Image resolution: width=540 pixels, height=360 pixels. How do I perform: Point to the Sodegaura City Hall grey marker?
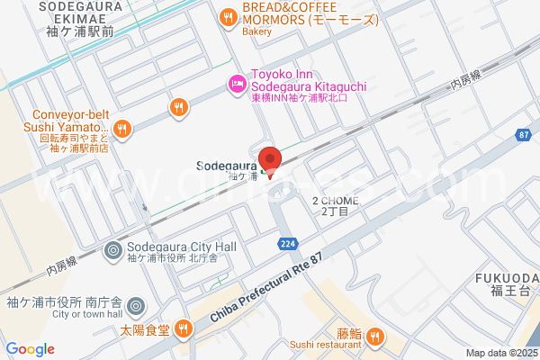(x=113, y=249)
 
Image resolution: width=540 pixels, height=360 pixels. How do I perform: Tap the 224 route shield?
(x=287, y=244)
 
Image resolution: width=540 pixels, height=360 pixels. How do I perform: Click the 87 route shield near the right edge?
(x=524, y=135)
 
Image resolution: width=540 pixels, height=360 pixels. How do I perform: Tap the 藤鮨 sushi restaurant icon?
(x=375, y=337)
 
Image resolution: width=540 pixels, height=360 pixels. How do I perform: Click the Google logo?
(x=30, y=349)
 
